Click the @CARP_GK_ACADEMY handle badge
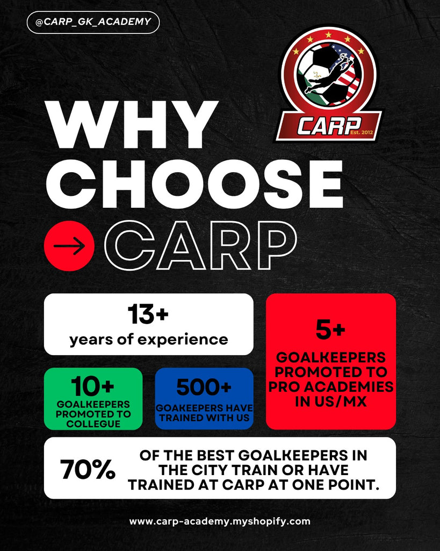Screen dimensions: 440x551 tap(93, 22)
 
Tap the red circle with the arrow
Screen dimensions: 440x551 tap(69, 245)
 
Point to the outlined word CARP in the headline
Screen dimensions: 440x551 tap(200, 245)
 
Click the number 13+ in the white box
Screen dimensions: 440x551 tap(148, 314)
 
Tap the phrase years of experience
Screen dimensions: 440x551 tap(148, 340)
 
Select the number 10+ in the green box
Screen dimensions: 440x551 tap(92, 386)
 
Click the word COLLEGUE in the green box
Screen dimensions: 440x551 tap(93, 424)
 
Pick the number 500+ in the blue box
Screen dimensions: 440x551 tap(204, 387)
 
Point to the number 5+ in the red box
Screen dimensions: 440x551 tap(330, 329)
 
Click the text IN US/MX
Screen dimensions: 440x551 tap(330, 401)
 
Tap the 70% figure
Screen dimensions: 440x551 tap(88, 469)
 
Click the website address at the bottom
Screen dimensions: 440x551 tap(220, 521)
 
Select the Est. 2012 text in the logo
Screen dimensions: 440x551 tap(362, 132)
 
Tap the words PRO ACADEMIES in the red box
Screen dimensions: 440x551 tap(331, 386)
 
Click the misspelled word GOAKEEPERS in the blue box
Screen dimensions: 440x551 tap(187, 408)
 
